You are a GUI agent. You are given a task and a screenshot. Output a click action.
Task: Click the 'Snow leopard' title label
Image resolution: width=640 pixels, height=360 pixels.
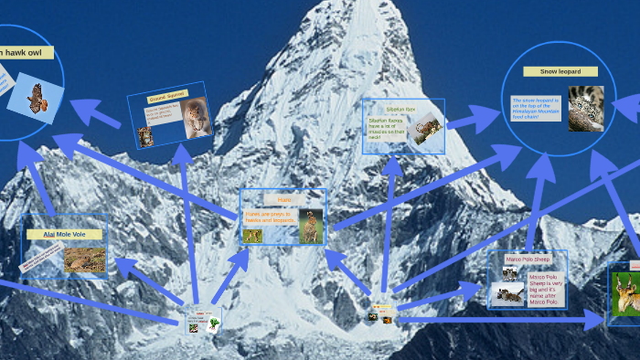560,71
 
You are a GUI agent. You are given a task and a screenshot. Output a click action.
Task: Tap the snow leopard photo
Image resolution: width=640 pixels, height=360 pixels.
585,108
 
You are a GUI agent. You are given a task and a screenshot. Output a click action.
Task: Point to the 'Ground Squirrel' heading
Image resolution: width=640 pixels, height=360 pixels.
163,97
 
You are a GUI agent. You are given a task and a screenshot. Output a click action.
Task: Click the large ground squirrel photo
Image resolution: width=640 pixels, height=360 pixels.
195,118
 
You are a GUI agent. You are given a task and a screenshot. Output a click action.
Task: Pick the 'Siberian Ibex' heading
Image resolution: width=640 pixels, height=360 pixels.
401,109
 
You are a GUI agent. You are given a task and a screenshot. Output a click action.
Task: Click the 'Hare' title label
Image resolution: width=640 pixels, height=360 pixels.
284,199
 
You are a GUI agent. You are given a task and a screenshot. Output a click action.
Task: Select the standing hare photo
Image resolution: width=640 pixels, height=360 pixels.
311,226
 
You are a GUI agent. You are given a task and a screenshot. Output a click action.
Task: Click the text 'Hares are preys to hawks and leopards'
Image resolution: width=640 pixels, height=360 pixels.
269,217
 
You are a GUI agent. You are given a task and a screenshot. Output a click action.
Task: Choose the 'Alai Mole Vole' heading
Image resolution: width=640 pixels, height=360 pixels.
63,235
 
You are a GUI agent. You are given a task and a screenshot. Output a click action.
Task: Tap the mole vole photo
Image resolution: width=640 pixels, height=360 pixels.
83,259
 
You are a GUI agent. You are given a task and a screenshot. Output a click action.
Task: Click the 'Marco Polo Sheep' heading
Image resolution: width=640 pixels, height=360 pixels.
528,259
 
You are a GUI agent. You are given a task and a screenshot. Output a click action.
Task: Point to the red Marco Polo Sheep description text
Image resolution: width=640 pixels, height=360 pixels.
544,287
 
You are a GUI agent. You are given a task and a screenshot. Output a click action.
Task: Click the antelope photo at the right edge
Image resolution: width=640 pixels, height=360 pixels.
626,292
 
